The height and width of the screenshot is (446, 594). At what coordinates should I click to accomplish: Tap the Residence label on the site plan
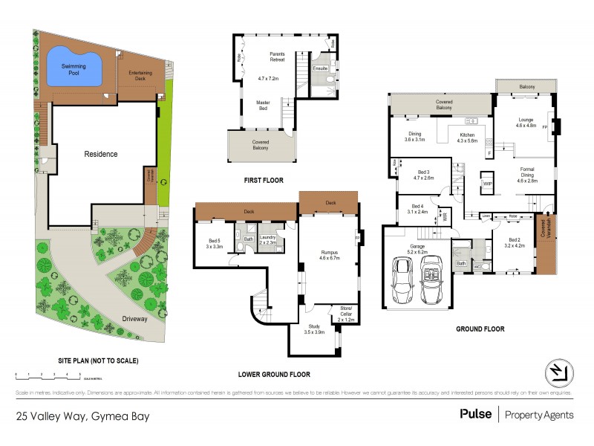[100, 154]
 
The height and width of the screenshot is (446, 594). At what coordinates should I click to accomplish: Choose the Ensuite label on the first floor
[320, 68]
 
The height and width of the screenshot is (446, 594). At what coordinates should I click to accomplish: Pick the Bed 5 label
[214, 242]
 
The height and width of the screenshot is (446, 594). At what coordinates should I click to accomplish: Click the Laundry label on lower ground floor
[268, 238]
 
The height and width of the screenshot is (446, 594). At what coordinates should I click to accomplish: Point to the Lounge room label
[526, 121]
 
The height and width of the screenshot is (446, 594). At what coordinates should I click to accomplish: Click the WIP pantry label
[488, 183]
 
